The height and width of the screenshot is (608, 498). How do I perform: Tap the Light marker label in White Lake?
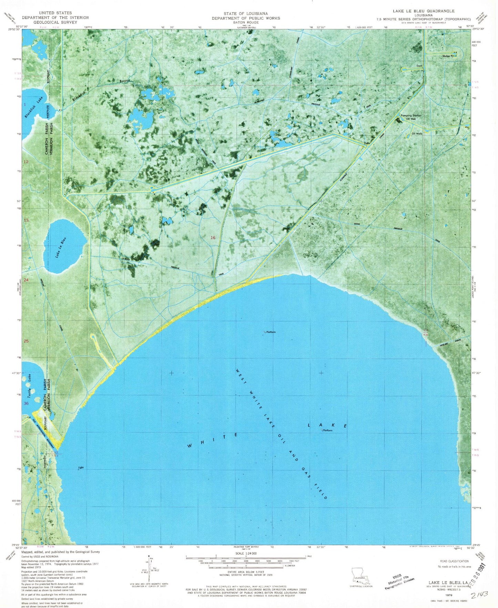tap(81, 468)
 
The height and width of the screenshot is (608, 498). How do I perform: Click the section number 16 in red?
tap(213, 237)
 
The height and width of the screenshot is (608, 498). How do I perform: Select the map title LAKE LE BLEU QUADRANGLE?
tap(424, 11)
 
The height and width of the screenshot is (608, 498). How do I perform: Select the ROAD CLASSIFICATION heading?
tap(454, 561)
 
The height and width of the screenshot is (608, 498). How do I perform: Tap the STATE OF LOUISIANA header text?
tap(246, 13)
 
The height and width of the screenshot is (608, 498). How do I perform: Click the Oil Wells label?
tap(417, 134)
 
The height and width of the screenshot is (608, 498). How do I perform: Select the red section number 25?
tap(26, 341)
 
